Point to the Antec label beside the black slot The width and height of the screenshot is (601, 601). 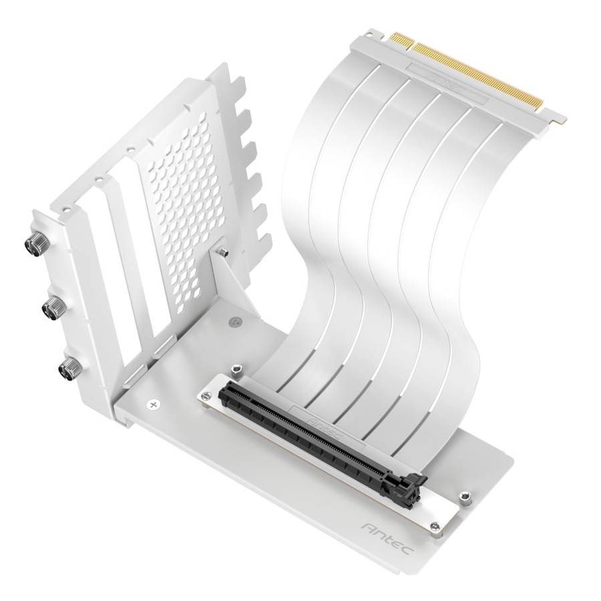click(x=327, y=427)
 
